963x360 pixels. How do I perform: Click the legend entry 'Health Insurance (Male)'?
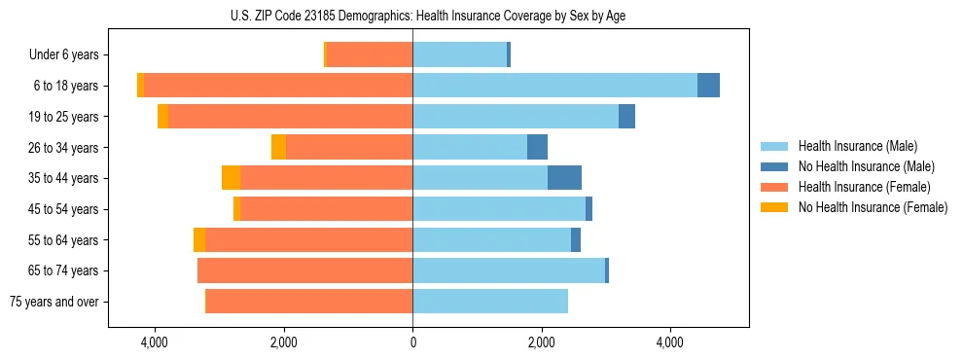point(857,146)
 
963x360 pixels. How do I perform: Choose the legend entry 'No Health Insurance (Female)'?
point(873,207)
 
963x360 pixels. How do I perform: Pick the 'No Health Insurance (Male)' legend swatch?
point(774,166)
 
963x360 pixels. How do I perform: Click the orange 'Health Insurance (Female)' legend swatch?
point(774,187)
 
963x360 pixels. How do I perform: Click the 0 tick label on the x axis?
point(412,342)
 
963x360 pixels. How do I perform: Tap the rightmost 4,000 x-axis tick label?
point(670,342)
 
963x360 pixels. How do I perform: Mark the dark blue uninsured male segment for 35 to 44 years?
point(564,178)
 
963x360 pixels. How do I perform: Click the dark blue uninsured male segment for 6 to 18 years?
point(708,86)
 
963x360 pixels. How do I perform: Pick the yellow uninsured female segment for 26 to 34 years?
point(278,147)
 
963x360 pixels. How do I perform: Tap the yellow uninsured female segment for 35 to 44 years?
point(231,178)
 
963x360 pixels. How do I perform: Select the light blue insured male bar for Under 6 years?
point(459,54)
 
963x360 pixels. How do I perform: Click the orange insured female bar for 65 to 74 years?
point(304,270)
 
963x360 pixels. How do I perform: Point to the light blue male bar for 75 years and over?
point(490,302)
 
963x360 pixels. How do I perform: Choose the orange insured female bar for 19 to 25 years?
point(290,117)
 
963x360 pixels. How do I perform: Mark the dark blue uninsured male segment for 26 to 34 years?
point(537,147)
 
